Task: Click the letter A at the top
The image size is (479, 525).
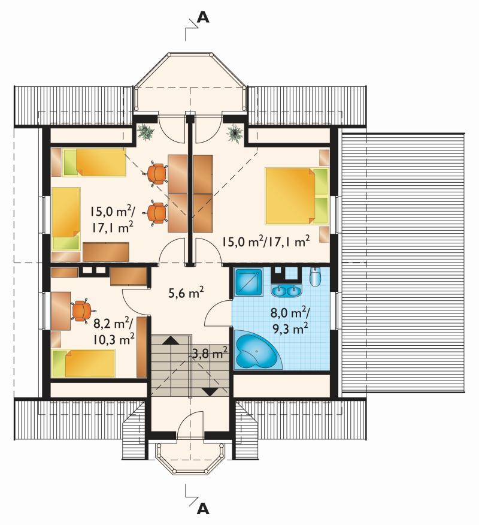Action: [x=203, y=17]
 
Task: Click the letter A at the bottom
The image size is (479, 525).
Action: [x=203, y=509]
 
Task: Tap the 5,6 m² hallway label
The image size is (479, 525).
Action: [x=186, y=293]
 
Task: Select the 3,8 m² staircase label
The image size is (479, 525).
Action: [x=210, y=352]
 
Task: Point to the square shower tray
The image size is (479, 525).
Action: [x=249, y=282]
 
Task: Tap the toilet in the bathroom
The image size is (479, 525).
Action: [x=315, y=276]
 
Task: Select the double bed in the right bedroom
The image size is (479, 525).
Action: [x=297, y=196]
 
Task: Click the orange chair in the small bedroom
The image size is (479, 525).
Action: [x=81, y=310]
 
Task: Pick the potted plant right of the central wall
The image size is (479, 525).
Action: [x=235, y=134]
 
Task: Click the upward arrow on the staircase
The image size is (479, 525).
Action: [x=171, y=340]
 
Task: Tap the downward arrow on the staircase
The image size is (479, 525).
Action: [x=210, y=392]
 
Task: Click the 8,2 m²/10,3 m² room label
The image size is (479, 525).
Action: [x=114, y=332]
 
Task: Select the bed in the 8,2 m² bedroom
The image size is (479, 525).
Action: [x=84, y=364]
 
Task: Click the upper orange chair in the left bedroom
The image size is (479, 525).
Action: [x=157, y=174]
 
